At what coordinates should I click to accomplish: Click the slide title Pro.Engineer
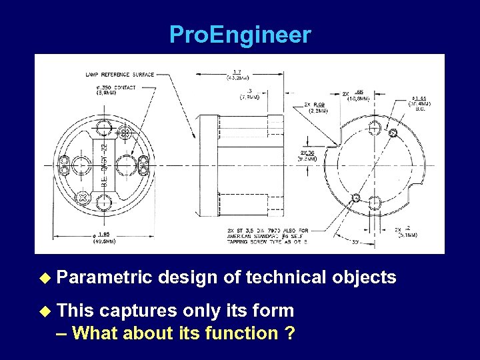[x=240, y=35]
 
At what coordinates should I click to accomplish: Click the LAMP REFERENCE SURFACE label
[x=119, y=74]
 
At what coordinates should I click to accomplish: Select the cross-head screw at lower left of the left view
[x=83, y=198]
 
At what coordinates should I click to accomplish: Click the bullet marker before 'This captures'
[x=45, y=311]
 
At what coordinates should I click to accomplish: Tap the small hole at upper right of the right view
[x=393, y=133]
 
